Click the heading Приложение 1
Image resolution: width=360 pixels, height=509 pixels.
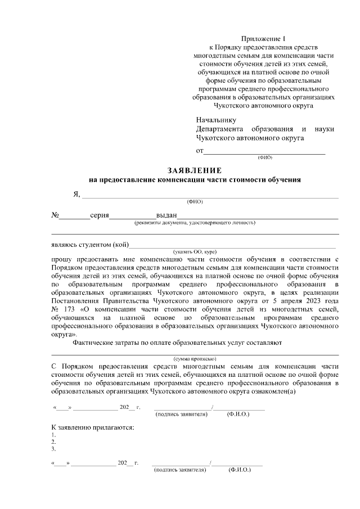pos(263,38)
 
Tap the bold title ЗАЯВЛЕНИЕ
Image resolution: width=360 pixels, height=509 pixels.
pos(195,170)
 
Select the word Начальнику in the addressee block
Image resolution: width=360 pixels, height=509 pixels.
pos(216,120)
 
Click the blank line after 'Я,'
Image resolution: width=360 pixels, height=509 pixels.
pos(210,195)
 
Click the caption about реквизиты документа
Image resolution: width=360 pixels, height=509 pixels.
pos(195,223)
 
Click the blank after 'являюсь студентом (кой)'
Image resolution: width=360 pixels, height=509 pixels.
pos(233,245)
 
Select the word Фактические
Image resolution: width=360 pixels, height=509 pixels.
pos(94,343)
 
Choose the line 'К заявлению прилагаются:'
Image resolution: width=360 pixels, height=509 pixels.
pos(93,428)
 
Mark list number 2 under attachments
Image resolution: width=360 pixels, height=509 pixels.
pos(53,442)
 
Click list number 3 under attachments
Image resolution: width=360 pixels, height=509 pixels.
pos(53,449)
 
